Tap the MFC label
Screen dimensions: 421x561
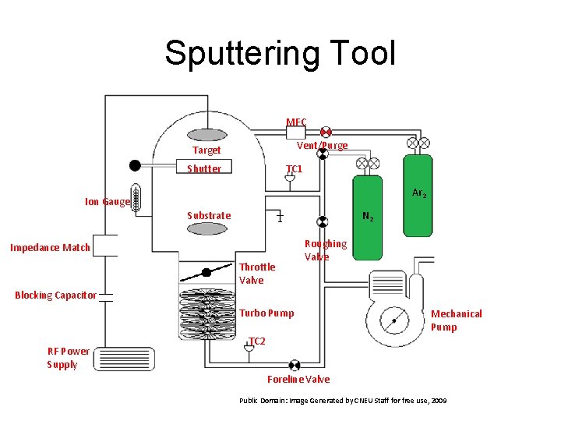coord(296,122)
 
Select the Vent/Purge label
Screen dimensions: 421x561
coord(323,146)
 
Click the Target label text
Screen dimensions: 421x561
coord(206,150)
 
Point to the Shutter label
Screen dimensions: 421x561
coord(204,169)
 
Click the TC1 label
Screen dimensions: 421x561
coord(294,169)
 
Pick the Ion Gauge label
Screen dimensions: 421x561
coord(108,202)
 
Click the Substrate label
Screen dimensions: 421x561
coord(209,216)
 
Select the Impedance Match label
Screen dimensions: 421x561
coord(50,248)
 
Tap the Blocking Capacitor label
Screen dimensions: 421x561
coord(55,295)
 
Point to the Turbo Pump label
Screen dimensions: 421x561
coord(266,313)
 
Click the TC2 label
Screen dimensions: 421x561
coord(256,341)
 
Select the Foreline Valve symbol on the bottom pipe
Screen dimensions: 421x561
coord(295,366)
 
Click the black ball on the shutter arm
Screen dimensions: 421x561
coord(135,165)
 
